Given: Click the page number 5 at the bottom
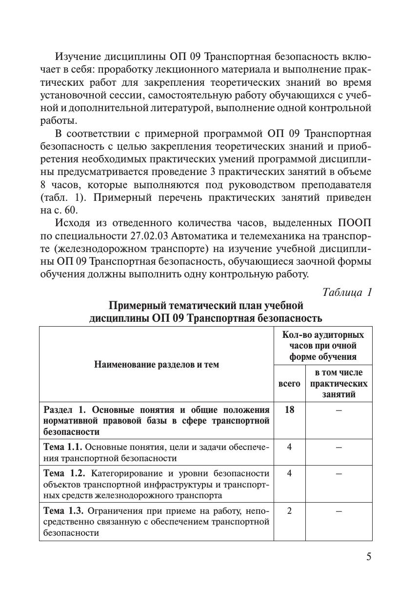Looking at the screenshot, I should [x=369, y=557].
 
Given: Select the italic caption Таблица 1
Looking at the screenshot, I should [x=347, y=293].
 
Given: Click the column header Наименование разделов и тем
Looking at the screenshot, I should [x=157, y=364].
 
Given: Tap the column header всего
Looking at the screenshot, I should [x=289, y=383].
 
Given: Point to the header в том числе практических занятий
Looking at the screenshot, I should [x=338, y=383].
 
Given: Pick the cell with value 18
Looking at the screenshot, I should [x=289, y=410].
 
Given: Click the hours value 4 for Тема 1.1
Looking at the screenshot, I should [x=289, y=447].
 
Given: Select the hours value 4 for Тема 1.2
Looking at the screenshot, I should [x=289, y=473].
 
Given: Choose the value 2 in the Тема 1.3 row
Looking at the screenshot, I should [x=289, y=511].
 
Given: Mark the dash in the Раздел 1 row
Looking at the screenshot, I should [x=338, y=410].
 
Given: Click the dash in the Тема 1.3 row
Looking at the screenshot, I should [x=338, y=511].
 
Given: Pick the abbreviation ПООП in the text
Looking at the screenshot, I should [x=354, y=223].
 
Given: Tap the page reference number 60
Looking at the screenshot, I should [x=71, y=211].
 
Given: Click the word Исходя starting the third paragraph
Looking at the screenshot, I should [x=73, y=223].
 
